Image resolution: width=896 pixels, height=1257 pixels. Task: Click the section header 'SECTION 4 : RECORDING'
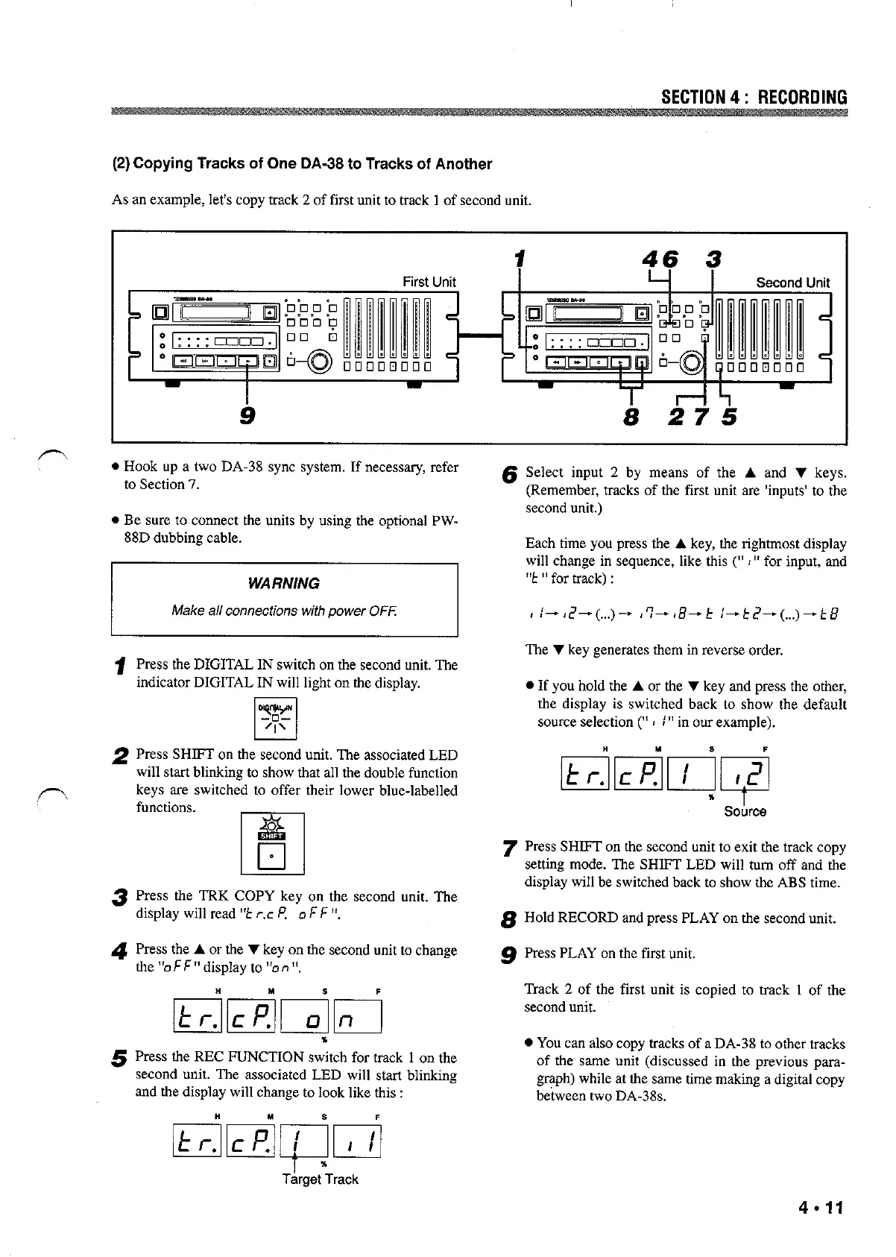(754, 98)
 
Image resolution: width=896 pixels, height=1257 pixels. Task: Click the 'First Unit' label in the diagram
(429, 282)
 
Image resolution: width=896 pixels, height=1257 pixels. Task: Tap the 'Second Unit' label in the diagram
(792, 283)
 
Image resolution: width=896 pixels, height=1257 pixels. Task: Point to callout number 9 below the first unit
(247, 415)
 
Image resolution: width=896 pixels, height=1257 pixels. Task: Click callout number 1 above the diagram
(519, 260)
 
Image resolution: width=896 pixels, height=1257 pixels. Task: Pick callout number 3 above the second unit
(713, 260)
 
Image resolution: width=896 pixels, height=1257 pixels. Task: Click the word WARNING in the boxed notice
(284, 584)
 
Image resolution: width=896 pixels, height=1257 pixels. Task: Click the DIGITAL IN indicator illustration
(274, 718)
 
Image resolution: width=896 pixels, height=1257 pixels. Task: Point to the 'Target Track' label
(320, 1179)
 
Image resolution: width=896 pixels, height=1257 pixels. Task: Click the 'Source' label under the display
(745, 812)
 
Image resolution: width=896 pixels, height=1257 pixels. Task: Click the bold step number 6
(510, 474)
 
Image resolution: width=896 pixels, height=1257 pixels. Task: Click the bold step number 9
(510, 954)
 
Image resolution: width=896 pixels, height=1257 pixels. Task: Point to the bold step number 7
(510, 848)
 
